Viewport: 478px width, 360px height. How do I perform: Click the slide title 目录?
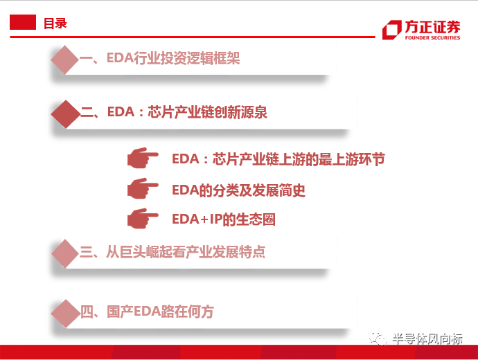click(x=55, y=23)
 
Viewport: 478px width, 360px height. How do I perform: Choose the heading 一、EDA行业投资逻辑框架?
click(x=160, y=59)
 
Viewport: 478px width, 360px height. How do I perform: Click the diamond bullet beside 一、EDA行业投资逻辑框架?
click(x=65, y=60)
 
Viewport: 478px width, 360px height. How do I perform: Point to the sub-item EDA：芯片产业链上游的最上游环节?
click(x=278, y=159)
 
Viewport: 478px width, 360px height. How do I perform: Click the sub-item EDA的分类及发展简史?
click(x=238, y=190)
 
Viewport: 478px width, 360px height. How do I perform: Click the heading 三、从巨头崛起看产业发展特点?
click(x=172, y=251)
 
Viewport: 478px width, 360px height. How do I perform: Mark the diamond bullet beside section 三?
click(x=65, y=253)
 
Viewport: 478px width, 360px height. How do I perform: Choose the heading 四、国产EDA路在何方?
click(x=147, y=312)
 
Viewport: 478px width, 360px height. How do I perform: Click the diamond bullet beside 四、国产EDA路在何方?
click(x=65, y=313)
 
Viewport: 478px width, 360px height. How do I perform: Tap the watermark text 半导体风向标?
click(x=427, y=339)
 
